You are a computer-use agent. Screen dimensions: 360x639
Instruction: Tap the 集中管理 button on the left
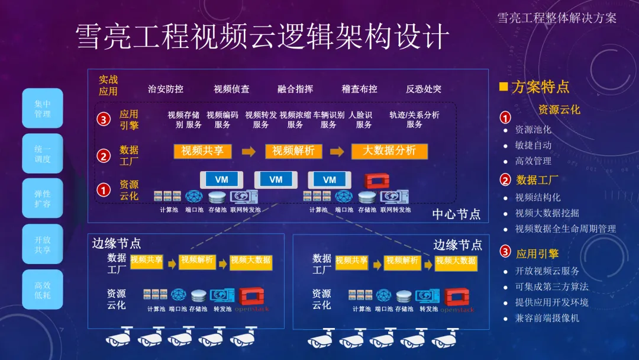[x=43, y=108]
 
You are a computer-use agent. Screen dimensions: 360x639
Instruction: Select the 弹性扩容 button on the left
[x=43, y=198]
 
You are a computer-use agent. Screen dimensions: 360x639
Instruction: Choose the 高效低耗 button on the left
[x=43, y=290]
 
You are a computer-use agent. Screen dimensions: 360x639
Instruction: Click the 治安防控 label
[x=166, y=89]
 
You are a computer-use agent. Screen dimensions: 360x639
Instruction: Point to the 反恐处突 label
[x=424, y=89]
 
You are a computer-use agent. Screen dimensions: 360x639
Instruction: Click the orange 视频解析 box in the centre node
[x=293, y=151]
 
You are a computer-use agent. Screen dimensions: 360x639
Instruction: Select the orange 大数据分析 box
[x=389, y=151]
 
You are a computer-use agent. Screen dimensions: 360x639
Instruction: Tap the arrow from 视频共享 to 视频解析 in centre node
[x=248, y=152]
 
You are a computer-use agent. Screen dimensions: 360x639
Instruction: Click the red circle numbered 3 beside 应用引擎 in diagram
[x=104, y=120]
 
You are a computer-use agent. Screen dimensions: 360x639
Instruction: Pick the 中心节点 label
[x=456, y=214]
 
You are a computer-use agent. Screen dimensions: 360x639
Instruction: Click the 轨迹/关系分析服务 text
[x=414, y=120]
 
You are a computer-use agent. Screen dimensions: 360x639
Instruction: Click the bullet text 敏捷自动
[x=533, y=145]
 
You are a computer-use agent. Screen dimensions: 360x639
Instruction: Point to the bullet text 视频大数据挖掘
[x=547, y=213]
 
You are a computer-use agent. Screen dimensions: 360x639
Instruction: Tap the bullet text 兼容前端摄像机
[x=547, y=318]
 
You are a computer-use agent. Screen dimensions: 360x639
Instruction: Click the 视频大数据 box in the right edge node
[x=456, y=261]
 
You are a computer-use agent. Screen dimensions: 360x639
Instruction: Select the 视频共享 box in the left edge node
[x=146, y=261]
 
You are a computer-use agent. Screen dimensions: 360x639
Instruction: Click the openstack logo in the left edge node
[x=252, y=299]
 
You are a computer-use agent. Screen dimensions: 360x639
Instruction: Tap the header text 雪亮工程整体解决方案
[x=556, y=18]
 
